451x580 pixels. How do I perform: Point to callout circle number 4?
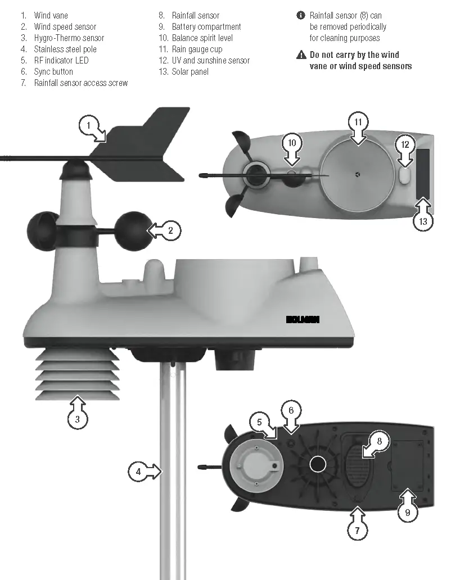click(x=138, y=472)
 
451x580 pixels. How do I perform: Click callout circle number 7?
click(x=358, y=529)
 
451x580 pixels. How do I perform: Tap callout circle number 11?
click(x=358, y=123)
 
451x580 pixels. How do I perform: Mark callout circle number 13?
click(x=423, y=221)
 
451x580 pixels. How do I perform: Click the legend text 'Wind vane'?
click(x=51, y=15)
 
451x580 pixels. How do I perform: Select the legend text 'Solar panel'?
click(x=190, y=71)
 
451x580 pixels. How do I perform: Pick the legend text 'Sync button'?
click(x=53, y=71)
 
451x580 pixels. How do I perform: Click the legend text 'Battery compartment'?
click(x=206, y=26)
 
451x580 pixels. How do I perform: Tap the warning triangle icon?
click(x=301, y=55)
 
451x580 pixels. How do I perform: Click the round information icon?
click(x=301, y=15)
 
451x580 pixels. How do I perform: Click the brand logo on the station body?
click(x=303, y=319)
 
